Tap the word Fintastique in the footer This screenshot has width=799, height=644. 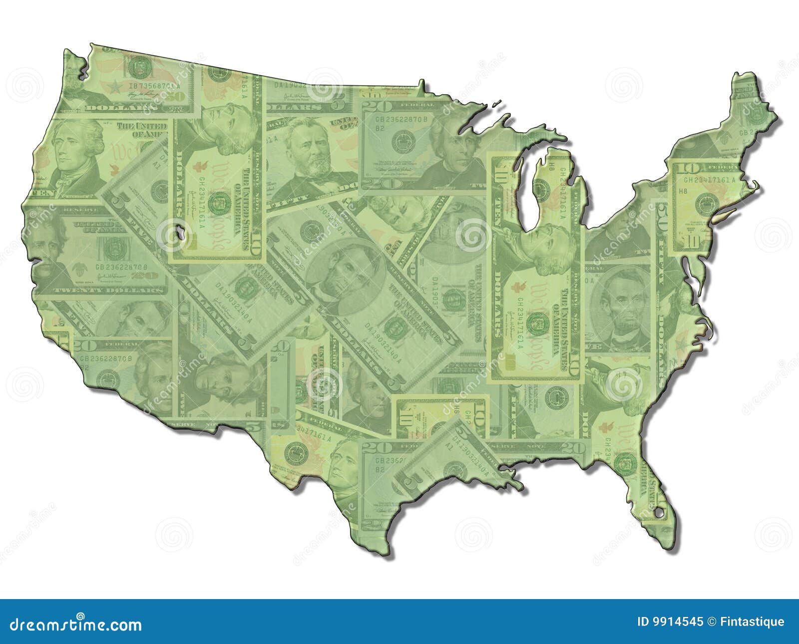(753, 622)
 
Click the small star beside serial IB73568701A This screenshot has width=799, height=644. (115, 86)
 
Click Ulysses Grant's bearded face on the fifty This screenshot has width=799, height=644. (304, 150)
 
